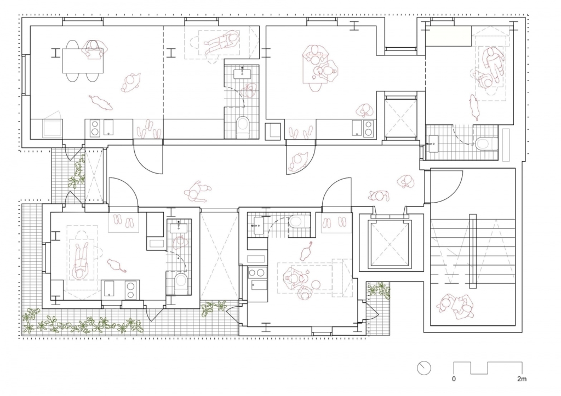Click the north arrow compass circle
[424, 368]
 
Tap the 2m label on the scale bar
[522, 379]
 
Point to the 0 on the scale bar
[454, 379]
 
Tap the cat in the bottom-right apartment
[306, 252]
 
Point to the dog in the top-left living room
[101, 102]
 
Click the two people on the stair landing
[456, 306]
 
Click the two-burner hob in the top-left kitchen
[95, 128]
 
